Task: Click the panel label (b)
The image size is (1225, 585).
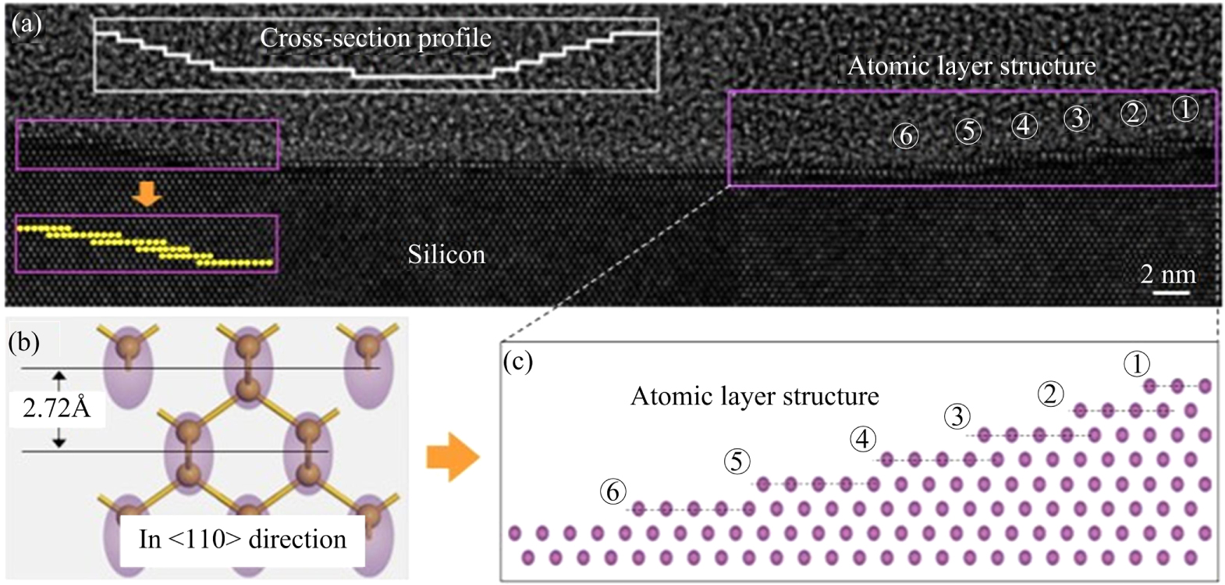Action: [24, 342]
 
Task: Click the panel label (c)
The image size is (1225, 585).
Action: [518, 362]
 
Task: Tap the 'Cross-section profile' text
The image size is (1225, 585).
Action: [375, 38]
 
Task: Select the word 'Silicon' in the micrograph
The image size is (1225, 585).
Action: [446, 255]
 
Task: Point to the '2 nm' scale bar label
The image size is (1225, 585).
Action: [1167, 274]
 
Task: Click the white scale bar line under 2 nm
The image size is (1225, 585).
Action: [1171, 293]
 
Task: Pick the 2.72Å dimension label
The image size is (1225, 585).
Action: [57, 408]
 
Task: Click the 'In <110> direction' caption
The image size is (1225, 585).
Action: [242, 539]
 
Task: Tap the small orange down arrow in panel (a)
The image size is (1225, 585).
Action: [147, 193]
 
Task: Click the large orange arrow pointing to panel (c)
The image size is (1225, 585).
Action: [453, 458]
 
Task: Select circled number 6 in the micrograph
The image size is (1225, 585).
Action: [905, 136]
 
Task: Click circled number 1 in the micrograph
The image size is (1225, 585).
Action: [1184, 109]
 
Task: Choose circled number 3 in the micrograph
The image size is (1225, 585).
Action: [1077, 118]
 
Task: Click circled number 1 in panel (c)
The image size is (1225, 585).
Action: [1137, 364]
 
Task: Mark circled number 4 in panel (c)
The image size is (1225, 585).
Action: [862, 440]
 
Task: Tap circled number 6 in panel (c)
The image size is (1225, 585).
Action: [612, 492]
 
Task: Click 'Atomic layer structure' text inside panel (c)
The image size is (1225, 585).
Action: [754, 397]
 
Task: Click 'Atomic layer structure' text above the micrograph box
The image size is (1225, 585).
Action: [971, 66]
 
